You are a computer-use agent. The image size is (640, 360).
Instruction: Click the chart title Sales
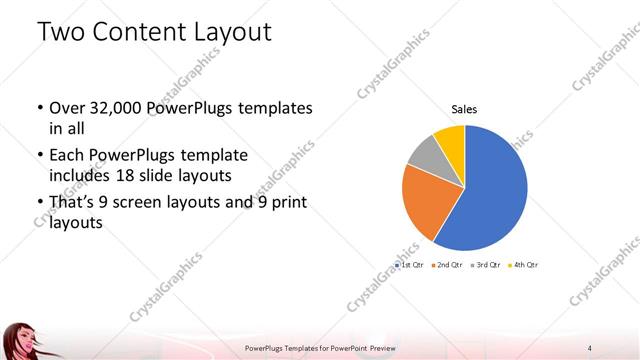click(464, 109)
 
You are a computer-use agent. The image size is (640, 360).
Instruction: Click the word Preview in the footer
click(378, 347)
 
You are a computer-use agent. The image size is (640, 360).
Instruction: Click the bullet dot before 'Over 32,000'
click(39, 107)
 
